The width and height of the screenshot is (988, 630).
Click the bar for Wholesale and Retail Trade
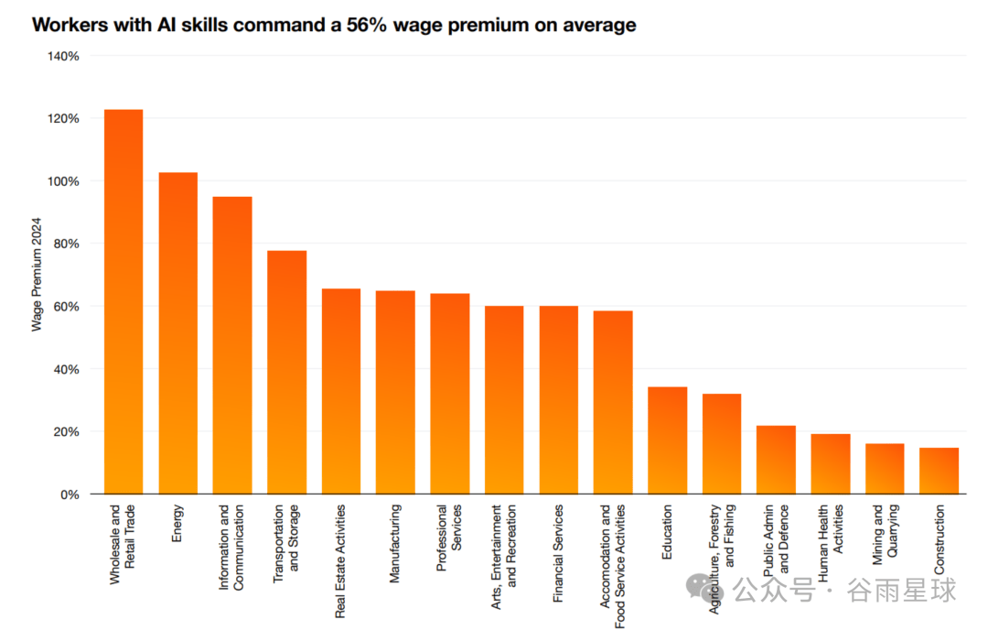(x=123, y=302)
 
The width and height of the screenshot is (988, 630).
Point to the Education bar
(x=667, y=440)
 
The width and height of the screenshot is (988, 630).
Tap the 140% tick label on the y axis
(x=63, y=56)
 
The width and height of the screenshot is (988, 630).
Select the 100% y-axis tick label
(x=63, y=181)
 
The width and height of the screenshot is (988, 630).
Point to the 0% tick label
(x=70, y=494)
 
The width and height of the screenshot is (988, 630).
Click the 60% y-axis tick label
(x=67, y=307)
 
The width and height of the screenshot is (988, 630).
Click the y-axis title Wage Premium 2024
(x=38, y=275)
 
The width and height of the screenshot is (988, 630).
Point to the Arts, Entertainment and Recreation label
(x=504, y=558)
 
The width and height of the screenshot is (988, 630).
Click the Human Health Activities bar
(x=830, y=463)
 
